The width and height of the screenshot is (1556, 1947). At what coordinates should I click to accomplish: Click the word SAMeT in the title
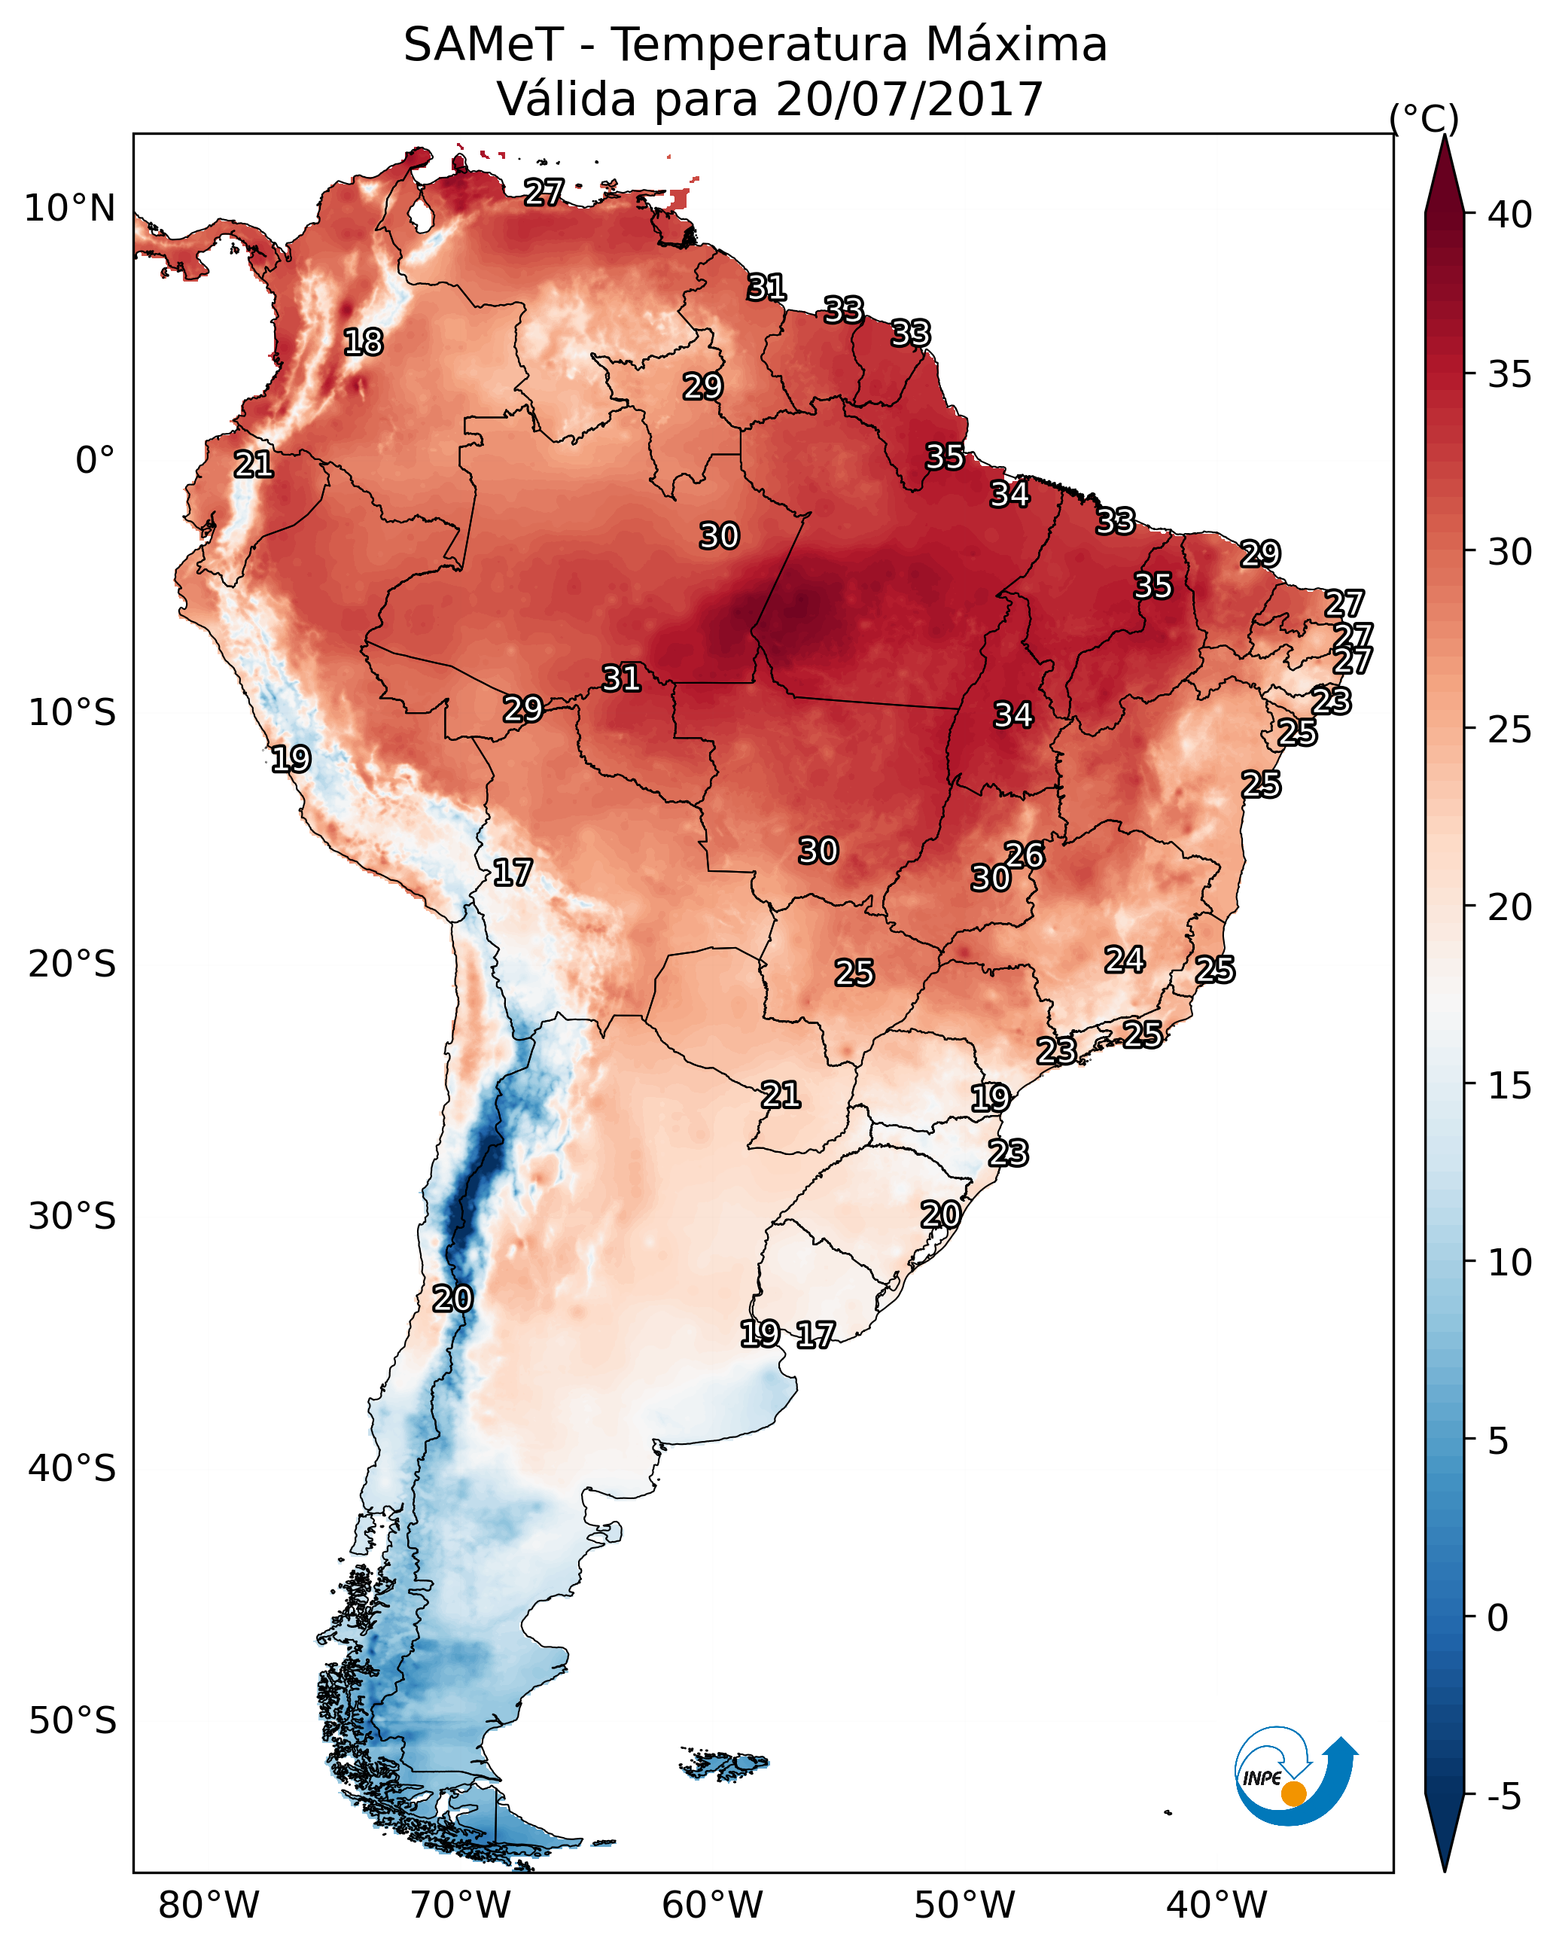[x=483, y=45]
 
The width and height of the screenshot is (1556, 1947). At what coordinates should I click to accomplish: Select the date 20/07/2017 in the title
[x=909, y=99]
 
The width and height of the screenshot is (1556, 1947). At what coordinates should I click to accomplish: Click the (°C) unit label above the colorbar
[x=1424, y=118]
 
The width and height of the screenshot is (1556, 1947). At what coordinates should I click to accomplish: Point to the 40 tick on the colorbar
[x=1510, y=215]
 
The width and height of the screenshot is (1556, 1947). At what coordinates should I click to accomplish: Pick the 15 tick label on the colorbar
[x=1510, y=1086]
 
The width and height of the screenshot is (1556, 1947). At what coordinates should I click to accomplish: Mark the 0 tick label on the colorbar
[x=1498, y=1618]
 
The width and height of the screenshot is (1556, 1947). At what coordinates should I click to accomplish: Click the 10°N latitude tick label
[x=69, y=209]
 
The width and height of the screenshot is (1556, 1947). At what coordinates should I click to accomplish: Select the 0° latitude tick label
[x=95, y=461]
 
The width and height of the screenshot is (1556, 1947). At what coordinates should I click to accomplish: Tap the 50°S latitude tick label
[x=72, y=1721]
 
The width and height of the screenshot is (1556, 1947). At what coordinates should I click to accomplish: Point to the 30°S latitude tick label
[x=72, y=1217]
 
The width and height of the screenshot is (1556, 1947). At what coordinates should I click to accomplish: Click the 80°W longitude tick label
[x=209, y=1906]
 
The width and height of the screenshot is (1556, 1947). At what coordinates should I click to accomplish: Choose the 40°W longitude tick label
[x=1216, y=1906]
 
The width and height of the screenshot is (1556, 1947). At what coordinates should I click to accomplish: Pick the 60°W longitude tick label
[x=713, y=1906]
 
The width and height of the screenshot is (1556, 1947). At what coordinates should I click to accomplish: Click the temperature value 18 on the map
[x=363, y=343]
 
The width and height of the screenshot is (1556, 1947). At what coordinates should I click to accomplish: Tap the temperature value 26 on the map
[x=1024, y=855]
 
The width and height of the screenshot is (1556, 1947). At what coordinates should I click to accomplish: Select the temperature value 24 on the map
[x=1125, y=959]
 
